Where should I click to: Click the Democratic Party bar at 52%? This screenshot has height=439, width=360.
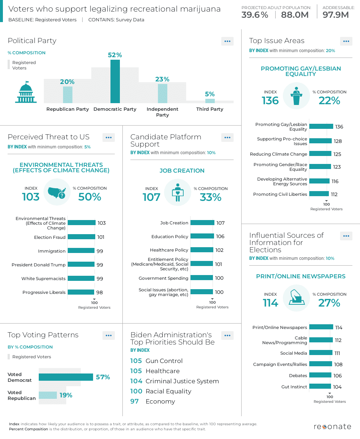click(x=115, y=81)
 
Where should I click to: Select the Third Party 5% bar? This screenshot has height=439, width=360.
click(x=210, y=101)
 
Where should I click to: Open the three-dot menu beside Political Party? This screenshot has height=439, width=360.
click(x=227, y=41)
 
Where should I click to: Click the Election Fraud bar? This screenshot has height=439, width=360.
click(x=81, y=237)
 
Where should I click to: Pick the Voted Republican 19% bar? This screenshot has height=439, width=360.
click(x=48, y=395)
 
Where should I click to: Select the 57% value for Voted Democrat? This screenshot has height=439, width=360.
click(x=103, y=377)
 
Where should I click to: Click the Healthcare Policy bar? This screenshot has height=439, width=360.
click(x=202, y=250)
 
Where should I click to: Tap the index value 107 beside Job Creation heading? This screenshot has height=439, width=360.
click(x=151, y=197)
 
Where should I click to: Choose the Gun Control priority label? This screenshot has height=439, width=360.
click(x=164, y=361)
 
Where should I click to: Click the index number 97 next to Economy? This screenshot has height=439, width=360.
click(x=134, y=401)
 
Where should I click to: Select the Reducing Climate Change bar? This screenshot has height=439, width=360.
click(x=320, y=154)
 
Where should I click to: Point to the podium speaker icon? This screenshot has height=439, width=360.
click(x=296, y=96)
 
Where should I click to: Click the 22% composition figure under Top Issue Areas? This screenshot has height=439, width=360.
click(x=329, y=101)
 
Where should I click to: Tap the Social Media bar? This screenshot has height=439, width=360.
click(x=321, y=353)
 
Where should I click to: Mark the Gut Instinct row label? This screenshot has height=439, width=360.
click(x=294, y=387)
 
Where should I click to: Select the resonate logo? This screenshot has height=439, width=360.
click(x=332, y=426)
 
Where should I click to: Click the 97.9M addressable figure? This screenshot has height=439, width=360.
click(x=335, y=15)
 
